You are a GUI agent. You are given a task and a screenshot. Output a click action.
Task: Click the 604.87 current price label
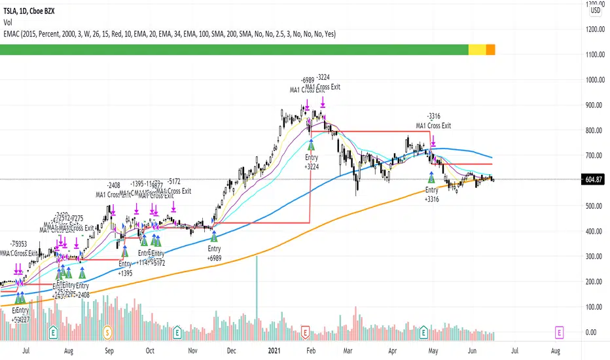595,180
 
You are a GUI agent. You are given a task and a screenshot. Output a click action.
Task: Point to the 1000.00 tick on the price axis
593,80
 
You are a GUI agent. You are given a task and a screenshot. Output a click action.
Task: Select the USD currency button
595,10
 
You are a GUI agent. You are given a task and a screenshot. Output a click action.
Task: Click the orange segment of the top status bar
490,49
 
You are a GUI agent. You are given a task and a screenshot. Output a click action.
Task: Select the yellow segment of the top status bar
477,49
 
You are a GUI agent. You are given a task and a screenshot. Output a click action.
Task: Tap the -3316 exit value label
433,117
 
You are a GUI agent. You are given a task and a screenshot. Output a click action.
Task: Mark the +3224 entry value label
310,167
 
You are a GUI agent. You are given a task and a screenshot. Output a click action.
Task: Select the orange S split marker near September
108,333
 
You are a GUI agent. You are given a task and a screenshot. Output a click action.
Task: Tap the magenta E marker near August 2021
560,333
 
